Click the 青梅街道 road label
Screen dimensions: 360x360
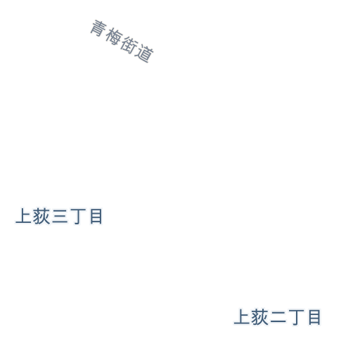point(122,41)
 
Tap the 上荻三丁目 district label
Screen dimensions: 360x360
point(59,216)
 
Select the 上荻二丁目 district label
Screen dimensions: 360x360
point(277,317)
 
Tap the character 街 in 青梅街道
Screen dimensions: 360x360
point(129,45)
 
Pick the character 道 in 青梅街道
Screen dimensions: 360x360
point(146,53)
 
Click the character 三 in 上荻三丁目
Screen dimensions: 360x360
point(60,217)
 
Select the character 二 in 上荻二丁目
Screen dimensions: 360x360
point(278,317)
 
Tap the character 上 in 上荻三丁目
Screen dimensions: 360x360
point(23,216)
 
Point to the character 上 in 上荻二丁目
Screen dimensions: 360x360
point(242,317)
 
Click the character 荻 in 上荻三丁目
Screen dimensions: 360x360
point(41,216)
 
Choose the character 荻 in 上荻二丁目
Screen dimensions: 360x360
point(260,317)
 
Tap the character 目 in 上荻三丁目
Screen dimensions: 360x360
point(96,216)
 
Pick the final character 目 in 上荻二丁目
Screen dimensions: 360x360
point(314,317)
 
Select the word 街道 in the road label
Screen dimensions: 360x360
point(137,49)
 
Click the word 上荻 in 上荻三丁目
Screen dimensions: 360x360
point(32,216)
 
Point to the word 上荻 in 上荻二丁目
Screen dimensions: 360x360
point(251,317)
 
